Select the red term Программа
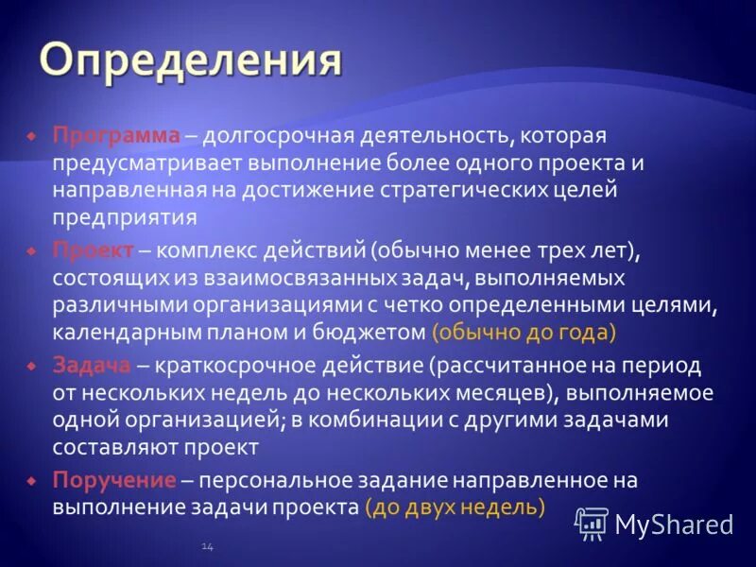115,136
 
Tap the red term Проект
94,250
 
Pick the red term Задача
92,365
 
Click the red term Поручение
113,480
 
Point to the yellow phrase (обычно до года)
524,332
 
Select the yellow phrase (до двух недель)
455,507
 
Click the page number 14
206,546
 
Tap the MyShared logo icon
593,523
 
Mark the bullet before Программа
31,137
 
